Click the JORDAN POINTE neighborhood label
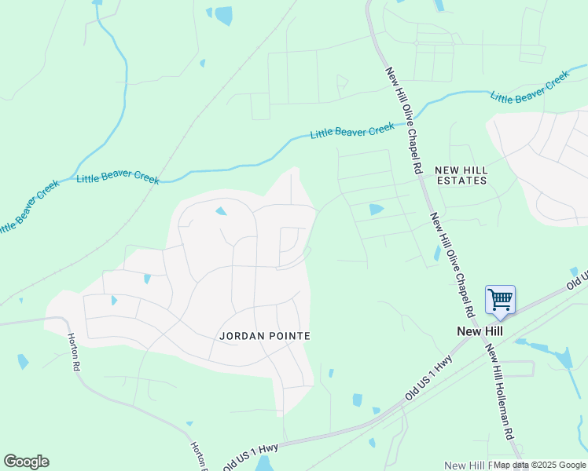[264, 336]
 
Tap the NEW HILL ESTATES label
[461, 175]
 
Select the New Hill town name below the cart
[480, 331]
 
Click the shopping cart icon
[500, 299]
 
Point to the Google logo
[26, 462]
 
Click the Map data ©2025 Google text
[539, 465]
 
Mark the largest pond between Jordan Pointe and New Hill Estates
[376, 210]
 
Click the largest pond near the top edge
[224, 15]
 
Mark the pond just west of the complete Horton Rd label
[23, 361]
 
